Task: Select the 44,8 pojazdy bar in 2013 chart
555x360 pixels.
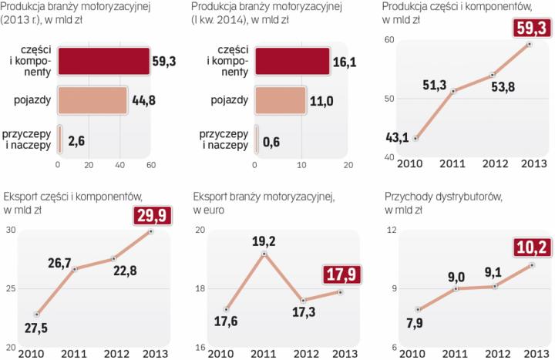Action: coord(92,101)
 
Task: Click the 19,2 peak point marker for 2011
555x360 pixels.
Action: coord(264,254)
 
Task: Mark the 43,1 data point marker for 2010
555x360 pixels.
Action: coord(416,139)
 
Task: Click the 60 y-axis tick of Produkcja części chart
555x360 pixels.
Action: coord(389,39)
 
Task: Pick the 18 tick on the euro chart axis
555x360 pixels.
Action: coord(200,288)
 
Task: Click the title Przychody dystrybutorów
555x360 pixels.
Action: coord(443,197)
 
